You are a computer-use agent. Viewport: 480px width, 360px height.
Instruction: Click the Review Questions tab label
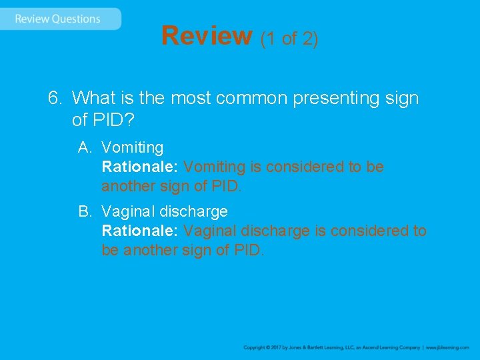[57, 19]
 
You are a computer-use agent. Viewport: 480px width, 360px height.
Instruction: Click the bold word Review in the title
[207, 36]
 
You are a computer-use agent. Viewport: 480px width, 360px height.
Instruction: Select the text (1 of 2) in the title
[289, 39]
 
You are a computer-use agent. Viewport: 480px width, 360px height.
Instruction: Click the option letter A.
[84, 147]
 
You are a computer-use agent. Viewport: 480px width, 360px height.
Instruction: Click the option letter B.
[84, 212]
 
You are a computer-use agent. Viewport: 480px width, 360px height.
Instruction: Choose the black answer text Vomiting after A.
[132, 147]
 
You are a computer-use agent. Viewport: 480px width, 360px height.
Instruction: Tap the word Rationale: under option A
[139, 167]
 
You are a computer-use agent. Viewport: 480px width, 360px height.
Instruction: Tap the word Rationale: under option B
[139, 231]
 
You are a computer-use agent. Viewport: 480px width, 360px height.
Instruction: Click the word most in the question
[149, 99]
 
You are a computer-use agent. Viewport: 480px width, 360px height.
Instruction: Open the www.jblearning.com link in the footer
[447, 347]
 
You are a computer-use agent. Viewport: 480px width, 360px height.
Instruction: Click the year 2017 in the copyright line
[273, 347]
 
